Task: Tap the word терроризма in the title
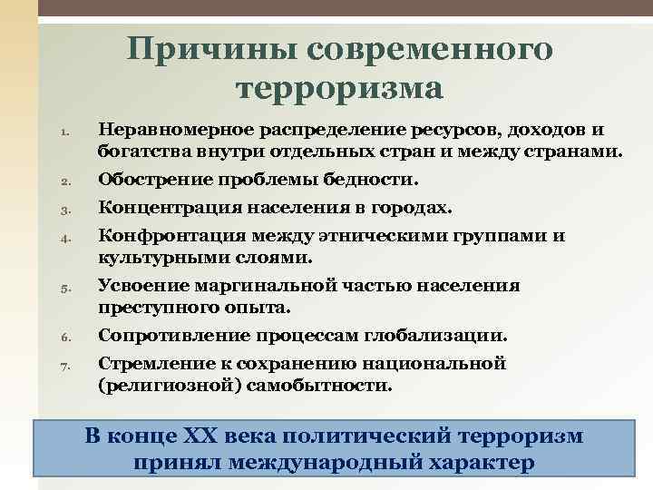339,88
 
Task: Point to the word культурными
151,257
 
